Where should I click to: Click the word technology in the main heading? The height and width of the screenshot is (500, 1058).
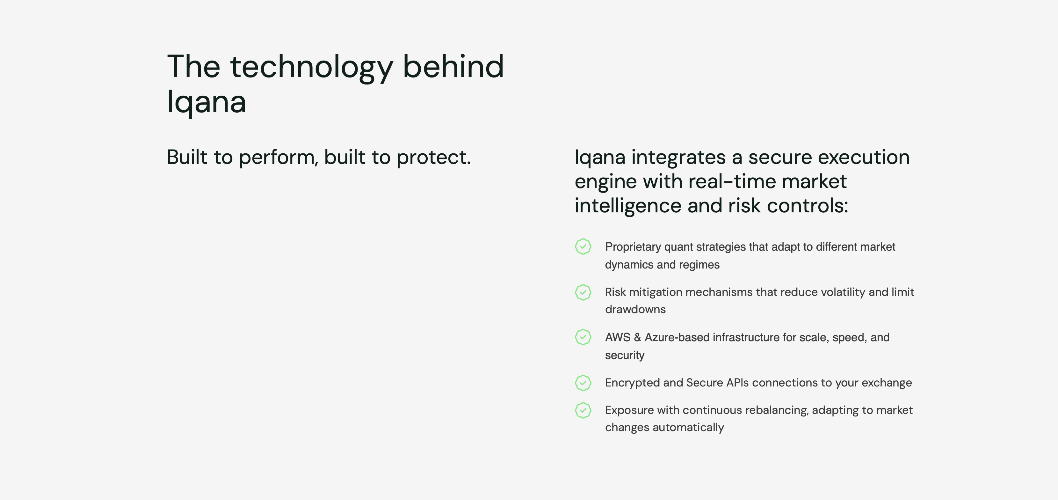tap(311, 67)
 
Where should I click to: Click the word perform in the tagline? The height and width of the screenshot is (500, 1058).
tap(278, 157)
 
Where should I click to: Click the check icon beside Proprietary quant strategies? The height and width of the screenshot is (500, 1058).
tap(583, 246)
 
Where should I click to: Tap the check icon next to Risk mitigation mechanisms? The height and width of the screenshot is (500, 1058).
tap(583, 292)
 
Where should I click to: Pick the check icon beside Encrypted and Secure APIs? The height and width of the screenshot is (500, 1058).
tap(583, 383)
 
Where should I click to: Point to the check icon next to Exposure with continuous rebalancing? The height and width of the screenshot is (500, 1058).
tap(583, 410)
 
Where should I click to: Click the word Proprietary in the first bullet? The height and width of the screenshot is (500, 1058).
tap(633, 247)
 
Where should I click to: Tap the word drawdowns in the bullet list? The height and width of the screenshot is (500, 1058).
tap(635, 309)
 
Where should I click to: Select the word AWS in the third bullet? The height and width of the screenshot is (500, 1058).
tap(617, 337)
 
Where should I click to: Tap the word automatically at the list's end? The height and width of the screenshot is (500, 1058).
tap(688, 428)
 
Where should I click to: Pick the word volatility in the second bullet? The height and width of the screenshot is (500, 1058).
tap(843, 292)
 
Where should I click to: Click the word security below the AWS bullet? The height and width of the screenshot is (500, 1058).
tap(624, 355)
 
